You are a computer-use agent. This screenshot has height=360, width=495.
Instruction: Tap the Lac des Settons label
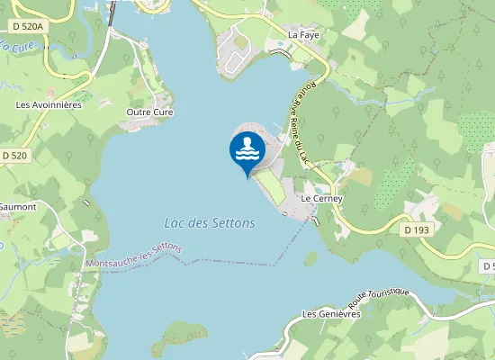point(210,222)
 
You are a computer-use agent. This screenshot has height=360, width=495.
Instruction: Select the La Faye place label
point(303,34)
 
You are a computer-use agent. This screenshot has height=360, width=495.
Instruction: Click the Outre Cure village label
point(149,112)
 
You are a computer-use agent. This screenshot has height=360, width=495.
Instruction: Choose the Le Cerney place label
point(321,198)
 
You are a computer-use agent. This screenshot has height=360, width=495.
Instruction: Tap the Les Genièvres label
point(332,314)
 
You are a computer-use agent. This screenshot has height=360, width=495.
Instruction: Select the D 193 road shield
point(415,230)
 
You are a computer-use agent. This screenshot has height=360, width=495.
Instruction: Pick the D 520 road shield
point(14,156)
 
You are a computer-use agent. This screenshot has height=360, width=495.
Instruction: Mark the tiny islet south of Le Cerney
point(310,258)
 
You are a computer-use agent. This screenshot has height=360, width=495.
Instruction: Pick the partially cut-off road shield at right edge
point(488,266)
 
